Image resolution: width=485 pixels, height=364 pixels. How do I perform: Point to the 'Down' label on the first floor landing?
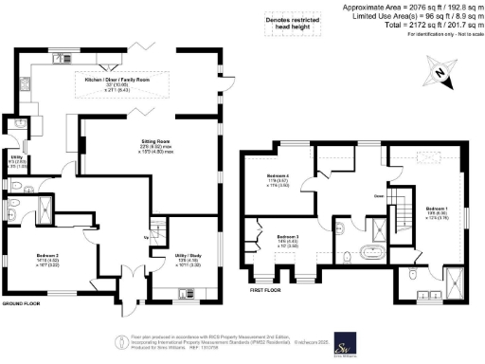coord(377,196)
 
